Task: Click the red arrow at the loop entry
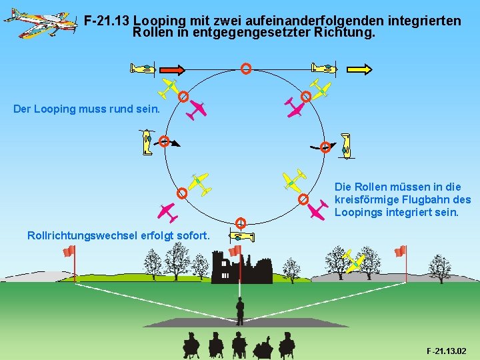173,69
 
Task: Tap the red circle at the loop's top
246,68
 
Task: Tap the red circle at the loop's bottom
241,223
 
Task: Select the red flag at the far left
68,251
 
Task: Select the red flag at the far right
400,251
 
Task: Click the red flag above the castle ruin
235,251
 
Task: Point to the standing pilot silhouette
240,310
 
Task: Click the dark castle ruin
241,268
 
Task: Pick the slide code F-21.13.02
446,351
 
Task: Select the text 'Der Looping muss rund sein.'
87,109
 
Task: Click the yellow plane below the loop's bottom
241,236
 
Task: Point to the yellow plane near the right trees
354,261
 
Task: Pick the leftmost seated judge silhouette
191,345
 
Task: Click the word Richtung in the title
347,32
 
